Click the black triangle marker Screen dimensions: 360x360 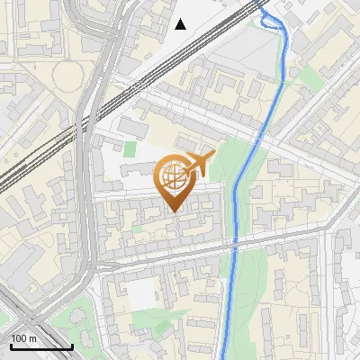(x=181, y=24)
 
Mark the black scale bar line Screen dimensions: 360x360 (x=41, y=346)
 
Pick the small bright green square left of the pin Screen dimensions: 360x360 (x=130, y=149)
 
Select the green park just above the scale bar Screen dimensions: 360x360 (x=72, y=319)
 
